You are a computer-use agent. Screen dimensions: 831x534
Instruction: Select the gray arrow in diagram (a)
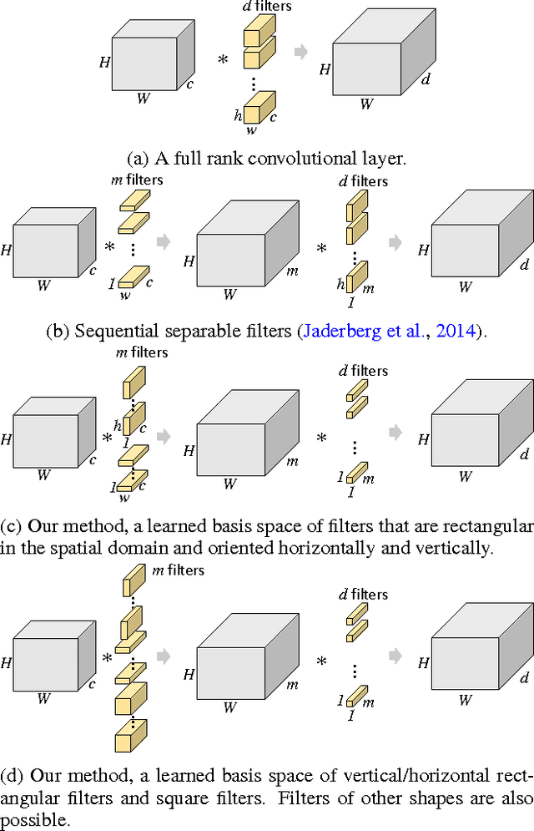(x=301, y=52)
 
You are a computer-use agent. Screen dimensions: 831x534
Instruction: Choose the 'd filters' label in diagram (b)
(x=364, y=180)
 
